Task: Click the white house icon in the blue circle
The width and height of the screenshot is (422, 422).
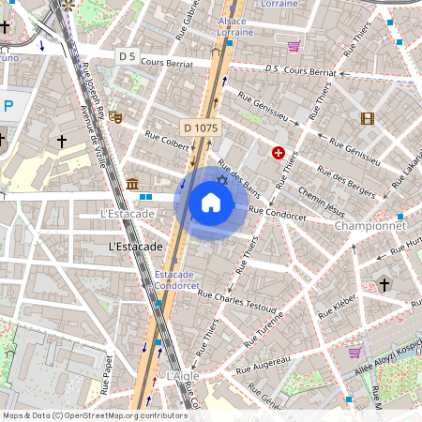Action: point(210,203)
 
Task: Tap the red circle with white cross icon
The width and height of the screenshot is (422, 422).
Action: point(279,152)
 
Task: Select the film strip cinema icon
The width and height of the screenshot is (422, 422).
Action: point(367,118)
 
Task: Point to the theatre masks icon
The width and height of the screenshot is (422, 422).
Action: point(115,117)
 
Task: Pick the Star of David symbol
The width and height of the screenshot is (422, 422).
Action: point(223,179)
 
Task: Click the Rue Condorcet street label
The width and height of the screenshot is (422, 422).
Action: point(278,216)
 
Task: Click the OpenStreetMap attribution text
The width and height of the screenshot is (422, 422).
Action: point(96,414)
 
